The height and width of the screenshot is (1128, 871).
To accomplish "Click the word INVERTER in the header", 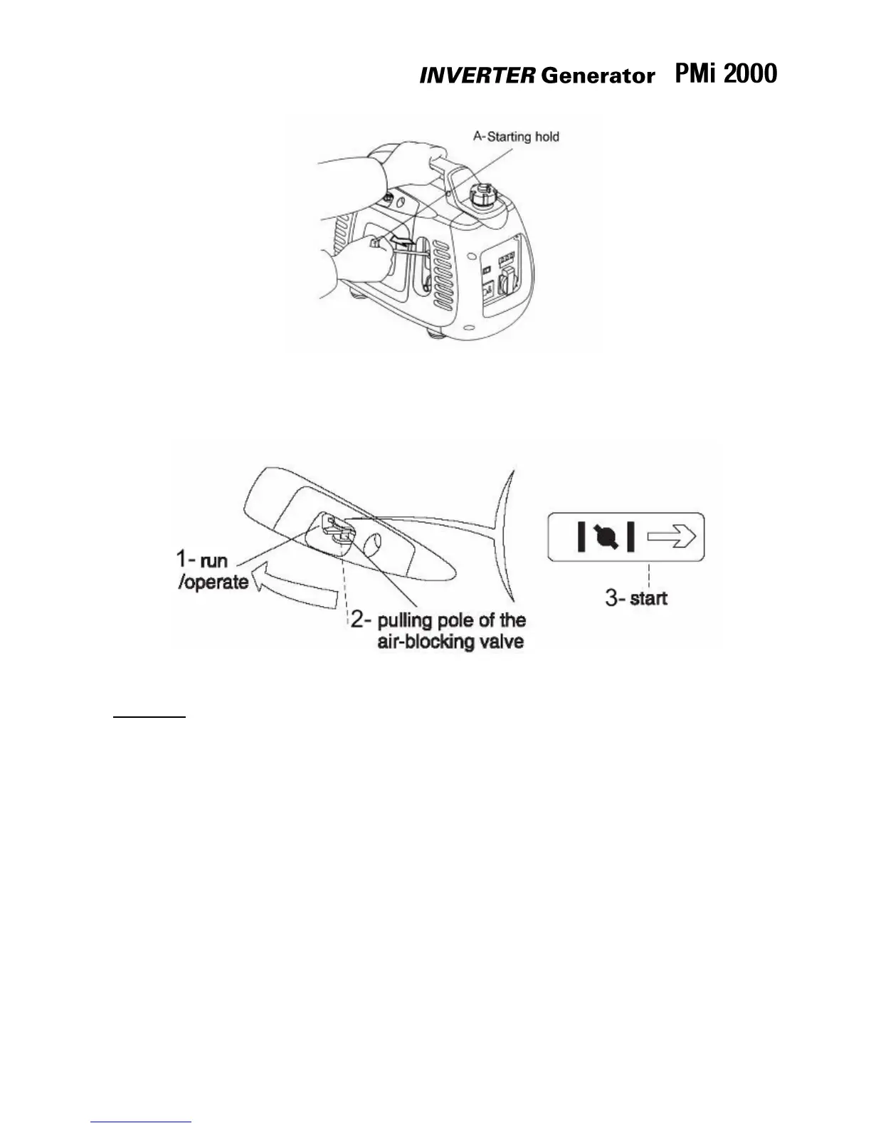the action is (476, 76).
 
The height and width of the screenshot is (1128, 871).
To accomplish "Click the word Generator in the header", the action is (597, 76).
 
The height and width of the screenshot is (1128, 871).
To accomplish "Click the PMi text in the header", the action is (695, 73).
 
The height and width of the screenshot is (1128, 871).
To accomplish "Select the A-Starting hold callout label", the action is (516, 136).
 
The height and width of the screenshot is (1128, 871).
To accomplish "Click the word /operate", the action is (213, 582).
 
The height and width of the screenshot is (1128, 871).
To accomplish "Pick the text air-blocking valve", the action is (450, 641).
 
